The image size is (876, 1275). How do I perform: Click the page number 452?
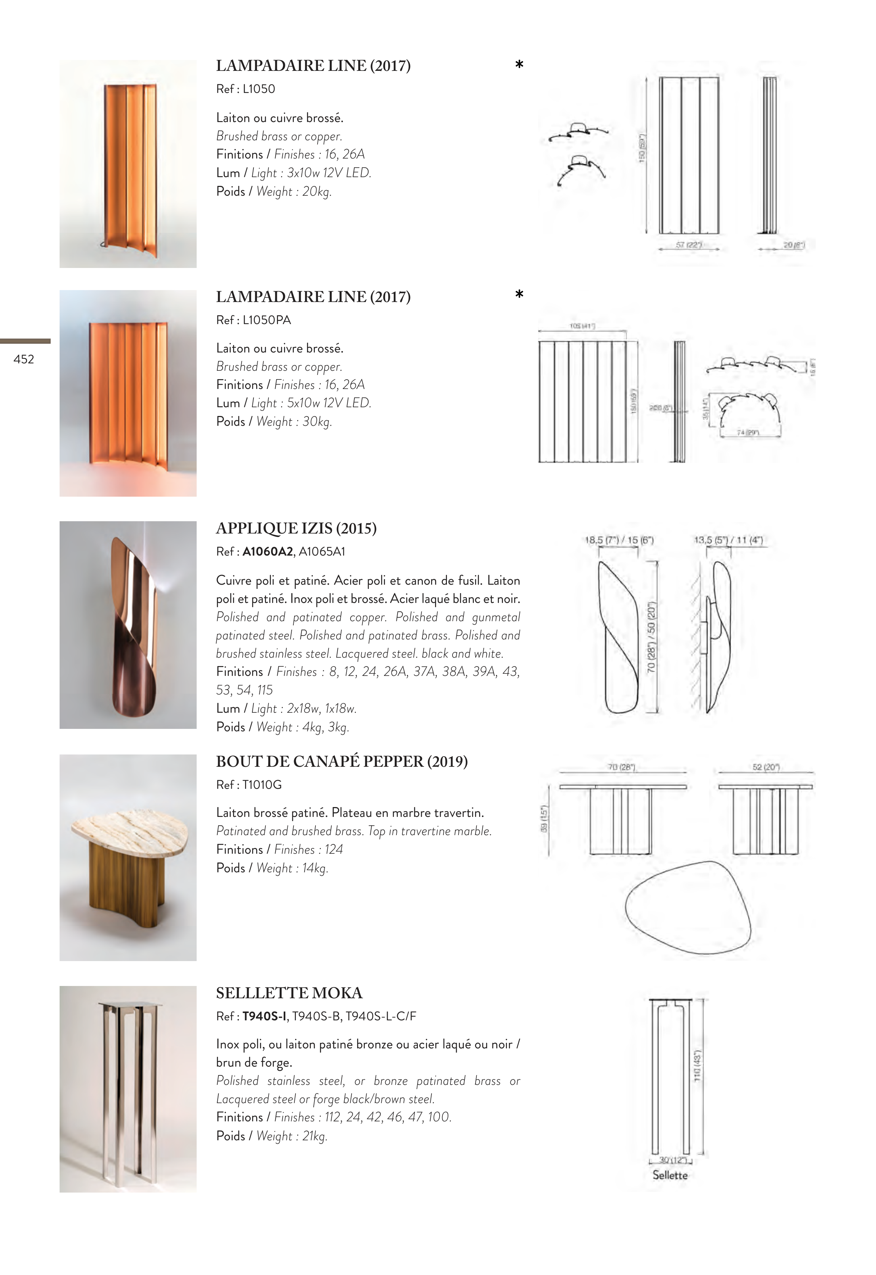pos(23,359)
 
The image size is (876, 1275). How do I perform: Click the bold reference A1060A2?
pos(267,552)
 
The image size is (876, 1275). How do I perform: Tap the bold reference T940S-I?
pos(264,1016)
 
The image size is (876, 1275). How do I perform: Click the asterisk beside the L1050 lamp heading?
pos(519,65)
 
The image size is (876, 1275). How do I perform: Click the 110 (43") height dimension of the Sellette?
pos(698,1067)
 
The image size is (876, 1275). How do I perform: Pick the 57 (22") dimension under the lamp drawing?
pos(689,244)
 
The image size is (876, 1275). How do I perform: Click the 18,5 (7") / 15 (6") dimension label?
pos(619,540)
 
